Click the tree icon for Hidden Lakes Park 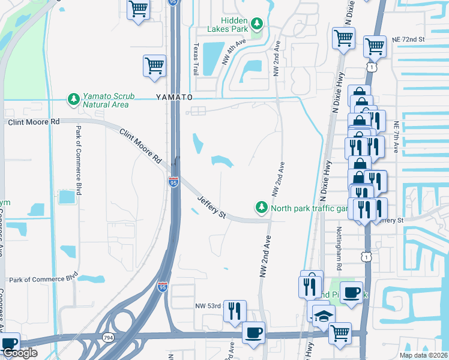(x=257, y=23)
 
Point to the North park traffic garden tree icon (x=261, y=208)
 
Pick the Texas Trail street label (x=196, y=59)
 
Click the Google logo (x=19, y=353)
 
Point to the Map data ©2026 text (x=423, y=355)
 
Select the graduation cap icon (x=324, y=316)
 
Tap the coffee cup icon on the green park (x=352, y=292)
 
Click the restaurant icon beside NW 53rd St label (x=235, y=310)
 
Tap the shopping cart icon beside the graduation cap (x=340, y=331)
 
